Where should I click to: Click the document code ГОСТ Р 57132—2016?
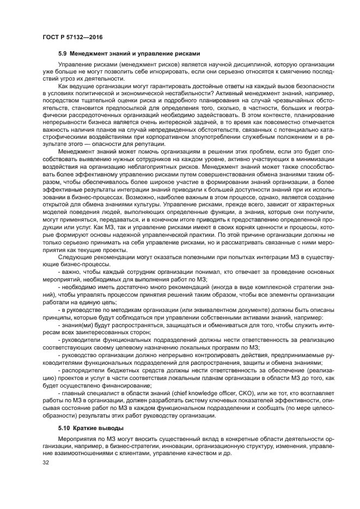(72, 36)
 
